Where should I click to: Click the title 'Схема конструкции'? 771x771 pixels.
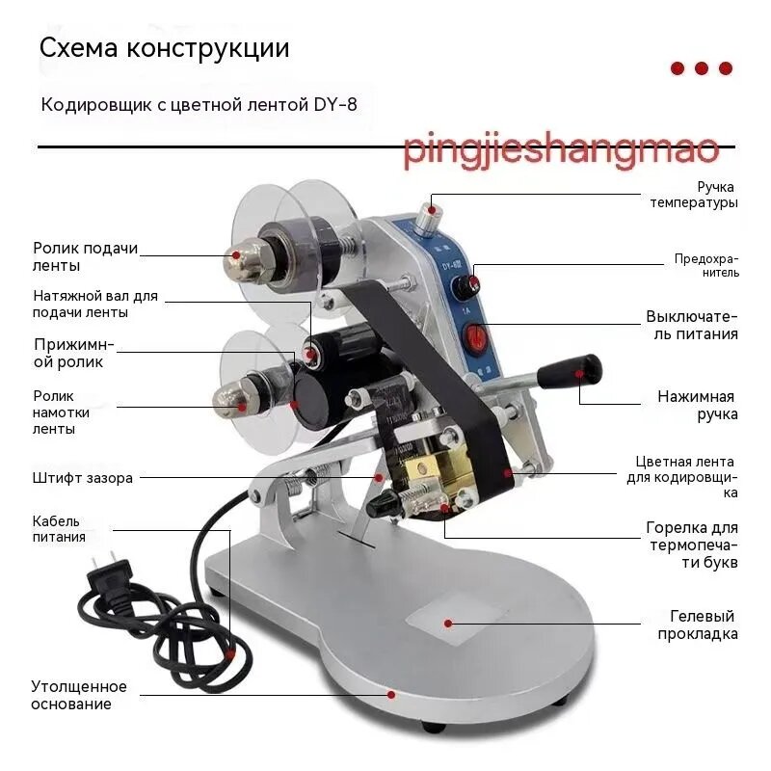pos(164,48)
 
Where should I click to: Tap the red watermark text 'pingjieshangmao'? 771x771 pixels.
pos(561,148)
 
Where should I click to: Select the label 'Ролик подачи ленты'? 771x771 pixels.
pos(85,256)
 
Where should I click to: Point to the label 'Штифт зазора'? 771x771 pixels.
pos(83,478)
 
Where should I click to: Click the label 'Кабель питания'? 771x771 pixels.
pos(59,529)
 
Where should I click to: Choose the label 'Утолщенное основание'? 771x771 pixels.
pos(79,695)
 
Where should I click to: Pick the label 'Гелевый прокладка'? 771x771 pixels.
pos(698,625)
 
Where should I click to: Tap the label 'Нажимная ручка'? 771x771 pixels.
pos(698,405)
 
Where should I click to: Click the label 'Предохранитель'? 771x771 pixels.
pos(706,266)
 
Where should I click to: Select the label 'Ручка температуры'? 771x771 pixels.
pos(694,195)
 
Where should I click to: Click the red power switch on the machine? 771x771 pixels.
pos(475,337)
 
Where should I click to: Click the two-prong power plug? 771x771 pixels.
pos(110,575)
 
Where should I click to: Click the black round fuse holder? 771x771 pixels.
pos(465,287)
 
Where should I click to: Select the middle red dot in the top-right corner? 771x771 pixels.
pos(702,68)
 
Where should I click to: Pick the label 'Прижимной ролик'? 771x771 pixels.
pos(74,354)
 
